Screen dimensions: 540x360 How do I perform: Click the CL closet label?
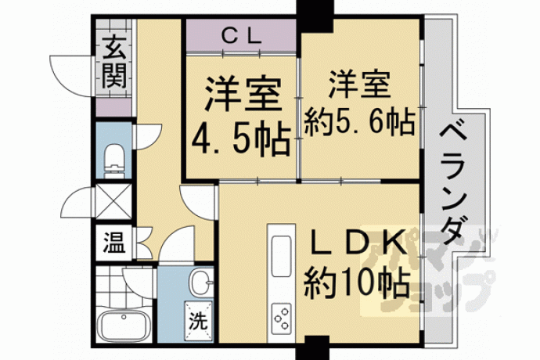pyautogui.click(x=241, y=35)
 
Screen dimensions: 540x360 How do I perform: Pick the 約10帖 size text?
pyautogui.click(x=357, y=283)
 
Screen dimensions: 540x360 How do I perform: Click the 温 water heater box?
pyautogui.click(x=114, y=243)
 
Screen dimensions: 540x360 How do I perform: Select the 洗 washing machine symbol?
pyautogui.click(x=198, y=320)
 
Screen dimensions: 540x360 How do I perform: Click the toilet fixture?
pyautogui.click(x=114, y=160)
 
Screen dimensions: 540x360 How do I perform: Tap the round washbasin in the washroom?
pyautogui.click(x=200, y=282)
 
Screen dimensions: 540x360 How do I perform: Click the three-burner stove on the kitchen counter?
pyautogui.click(x=282, y=318)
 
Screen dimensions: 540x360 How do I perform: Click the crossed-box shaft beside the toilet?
pyautogui.click(x=114, y=202)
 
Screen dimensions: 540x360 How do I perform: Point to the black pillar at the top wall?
pyautogui.click(x=315, y=16)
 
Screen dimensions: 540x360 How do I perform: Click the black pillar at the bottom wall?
pyautogui.click(x=312, y=348)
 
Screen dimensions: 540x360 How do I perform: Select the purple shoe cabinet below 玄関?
pyautogui.click(x=113, y=107)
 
